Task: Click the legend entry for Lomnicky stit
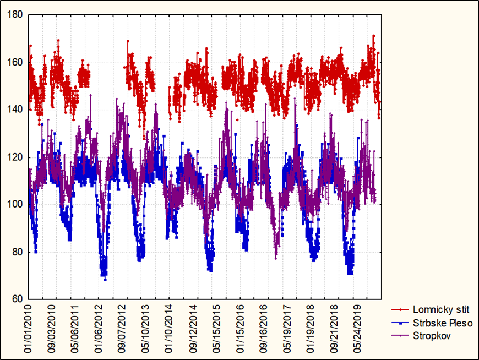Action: [440, 310]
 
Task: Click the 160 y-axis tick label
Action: [15, 62]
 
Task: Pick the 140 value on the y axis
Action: [15, 110]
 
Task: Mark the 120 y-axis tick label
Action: [15, 157]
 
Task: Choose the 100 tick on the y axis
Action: [15, 205]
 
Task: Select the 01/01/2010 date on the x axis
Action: [28, 328]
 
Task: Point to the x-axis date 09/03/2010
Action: [54, 328]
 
